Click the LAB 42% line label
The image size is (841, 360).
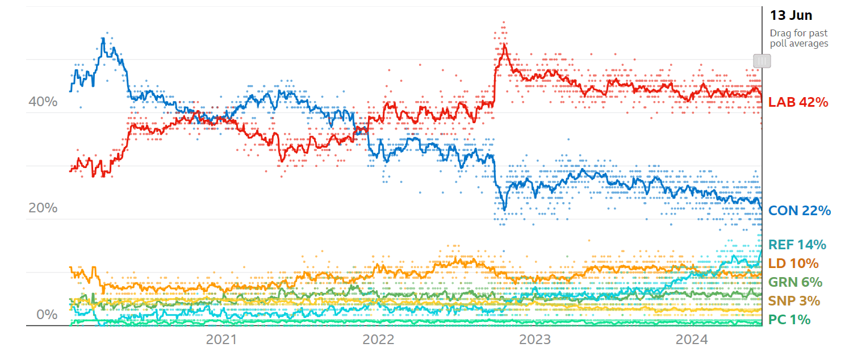pyautogui.click(x=798, y=102)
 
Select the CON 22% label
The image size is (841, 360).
pyautogui.click(x=799, y=211)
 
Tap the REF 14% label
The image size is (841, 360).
pyautogui.click(x=797, y=245)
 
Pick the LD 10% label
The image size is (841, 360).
pyautogui.click(x=793, y=263)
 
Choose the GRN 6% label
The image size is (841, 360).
pyautogui.click(x=795, y=282)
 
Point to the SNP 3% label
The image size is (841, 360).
pyautogui.click(x=794, y=301)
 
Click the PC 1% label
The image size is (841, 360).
pyautogui.click(x=789, y=320)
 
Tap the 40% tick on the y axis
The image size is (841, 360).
pyautogui.click(x=43, y=102)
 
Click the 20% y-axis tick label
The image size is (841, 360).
pyautogui.click(x=43, y=208)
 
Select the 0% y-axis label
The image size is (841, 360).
pyautogui.click(x=43, y=315)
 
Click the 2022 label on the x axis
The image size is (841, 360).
pyautogui.click(x=378, y=340)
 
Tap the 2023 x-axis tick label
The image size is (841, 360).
pyautogui.click(x=535, y=340)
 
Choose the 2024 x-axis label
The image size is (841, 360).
pyautogui.click(x=692, y=340)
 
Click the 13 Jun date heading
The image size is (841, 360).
pyautogui.click(x=790, y=15)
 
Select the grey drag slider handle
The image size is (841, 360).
pyautogui.click(x=761, y=61)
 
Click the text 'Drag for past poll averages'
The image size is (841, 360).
pyautogui.click(x=798, y=38)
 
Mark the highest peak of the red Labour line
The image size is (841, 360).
pyautogui.click(x=503, y=45)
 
